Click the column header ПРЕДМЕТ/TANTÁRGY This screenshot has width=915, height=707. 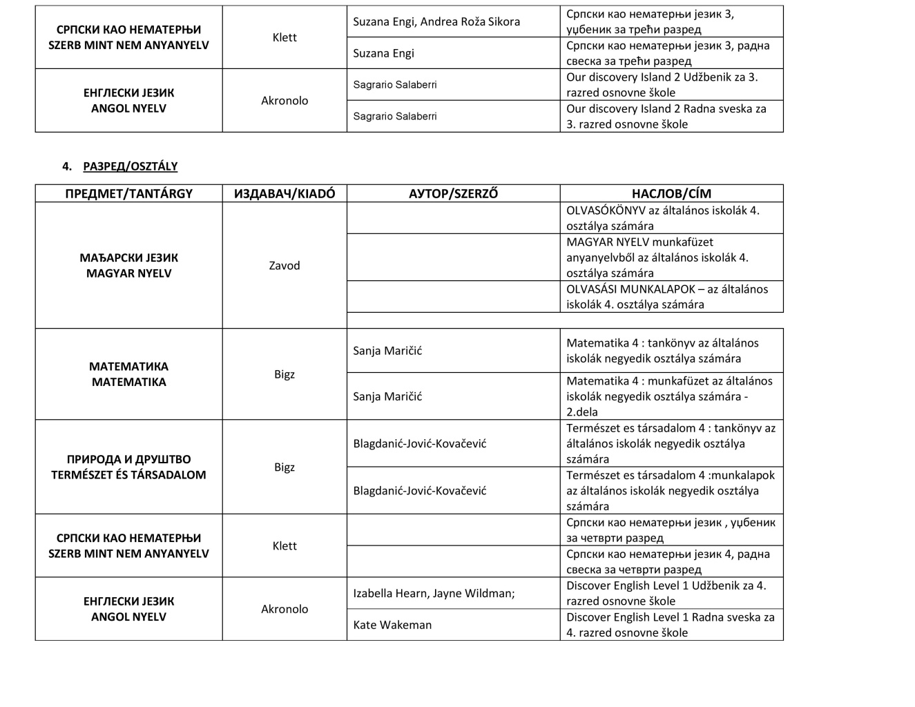pos(128,194)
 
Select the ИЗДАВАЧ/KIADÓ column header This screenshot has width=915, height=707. pos(285,194)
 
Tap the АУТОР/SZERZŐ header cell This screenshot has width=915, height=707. pos(453,194)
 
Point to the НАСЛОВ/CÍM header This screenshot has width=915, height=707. pos(671,194)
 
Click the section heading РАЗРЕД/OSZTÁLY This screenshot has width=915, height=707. pos(130,166)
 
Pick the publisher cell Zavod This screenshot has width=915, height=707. pos(285,265)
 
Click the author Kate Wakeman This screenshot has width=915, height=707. pos(392,625)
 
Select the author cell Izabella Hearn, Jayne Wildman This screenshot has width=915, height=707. pos(434,593)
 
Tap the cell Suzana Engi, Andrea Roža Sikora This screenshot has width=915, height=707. pos(436,21)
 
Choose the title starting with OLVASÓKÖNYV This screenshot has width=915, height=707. pos(663,218)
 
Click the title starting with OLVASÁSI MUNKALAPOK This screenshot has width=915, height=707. pos(667,297)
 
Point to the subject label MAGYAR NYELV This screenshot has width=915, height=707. pos(128,273)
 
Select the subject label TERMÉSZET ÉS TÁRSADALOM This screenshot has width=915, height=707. pos(128,475)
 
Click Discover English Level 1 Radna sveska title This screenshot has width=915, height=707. pos(671,625)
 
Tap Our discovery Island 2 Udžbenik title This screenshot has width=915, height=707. pos(662,85)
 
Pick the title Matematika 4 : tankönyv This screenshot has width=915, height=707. pos(662,351)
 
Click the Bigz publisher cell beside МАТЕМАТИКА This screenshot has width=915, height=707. pos(285,374)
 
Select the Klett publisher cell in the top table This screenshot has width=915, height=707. pos(285,37)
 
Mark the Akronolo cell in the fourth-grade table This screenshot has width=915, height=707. pos(285,609)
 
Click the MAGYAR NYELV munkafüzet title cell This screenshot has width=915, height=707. pos(657,258)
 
